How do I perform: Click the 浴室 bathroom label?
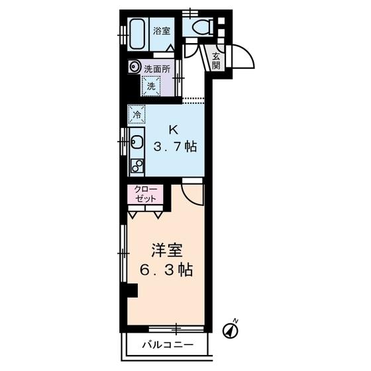pyautogui.click(x=161, y=30)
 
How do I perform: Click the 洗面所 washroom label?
pyautogui.click(x=156, y=67)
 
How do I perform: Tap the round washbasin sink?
pyautogui.click(x=134, y=67)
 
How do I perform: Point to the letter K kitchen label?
pyautogui.click(x=175, y=130)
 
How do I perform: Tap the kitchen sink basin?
pyautogui.click(x=137, y=142)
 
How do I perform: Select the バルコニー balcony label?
pyautogui.click(x=169, y=345)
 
